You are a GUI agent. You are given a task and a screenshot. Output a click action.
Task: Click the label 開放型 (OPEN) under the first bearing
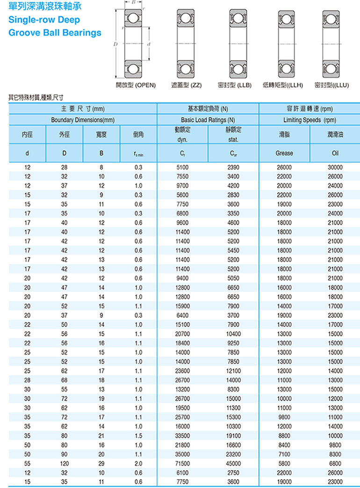click(136, 85)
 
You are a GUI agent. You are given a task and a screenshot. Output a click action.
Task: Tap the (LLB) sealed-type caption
click(235, 85)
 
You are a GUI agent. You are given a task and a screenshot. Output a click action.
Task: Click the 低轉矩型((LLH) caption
click(283, 85)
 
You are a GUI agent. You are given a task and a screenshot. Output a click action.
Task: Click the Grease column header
click(284, 153)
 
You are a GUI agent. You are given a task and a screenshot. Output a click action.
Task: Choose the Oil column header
click(335, 153)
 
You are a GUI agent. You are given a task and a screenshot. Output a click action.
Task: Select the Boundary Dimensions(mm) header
click(83, 120)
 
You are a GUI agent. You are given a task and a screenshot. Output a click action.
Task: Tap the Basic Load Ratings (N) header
click(208, 120)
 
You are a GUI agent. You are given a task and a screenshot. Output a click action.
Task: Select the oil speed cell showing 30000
click(335, 167)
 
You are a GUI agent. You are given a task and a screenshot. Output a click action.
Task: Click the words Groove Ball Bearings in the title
click(55, 33)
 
